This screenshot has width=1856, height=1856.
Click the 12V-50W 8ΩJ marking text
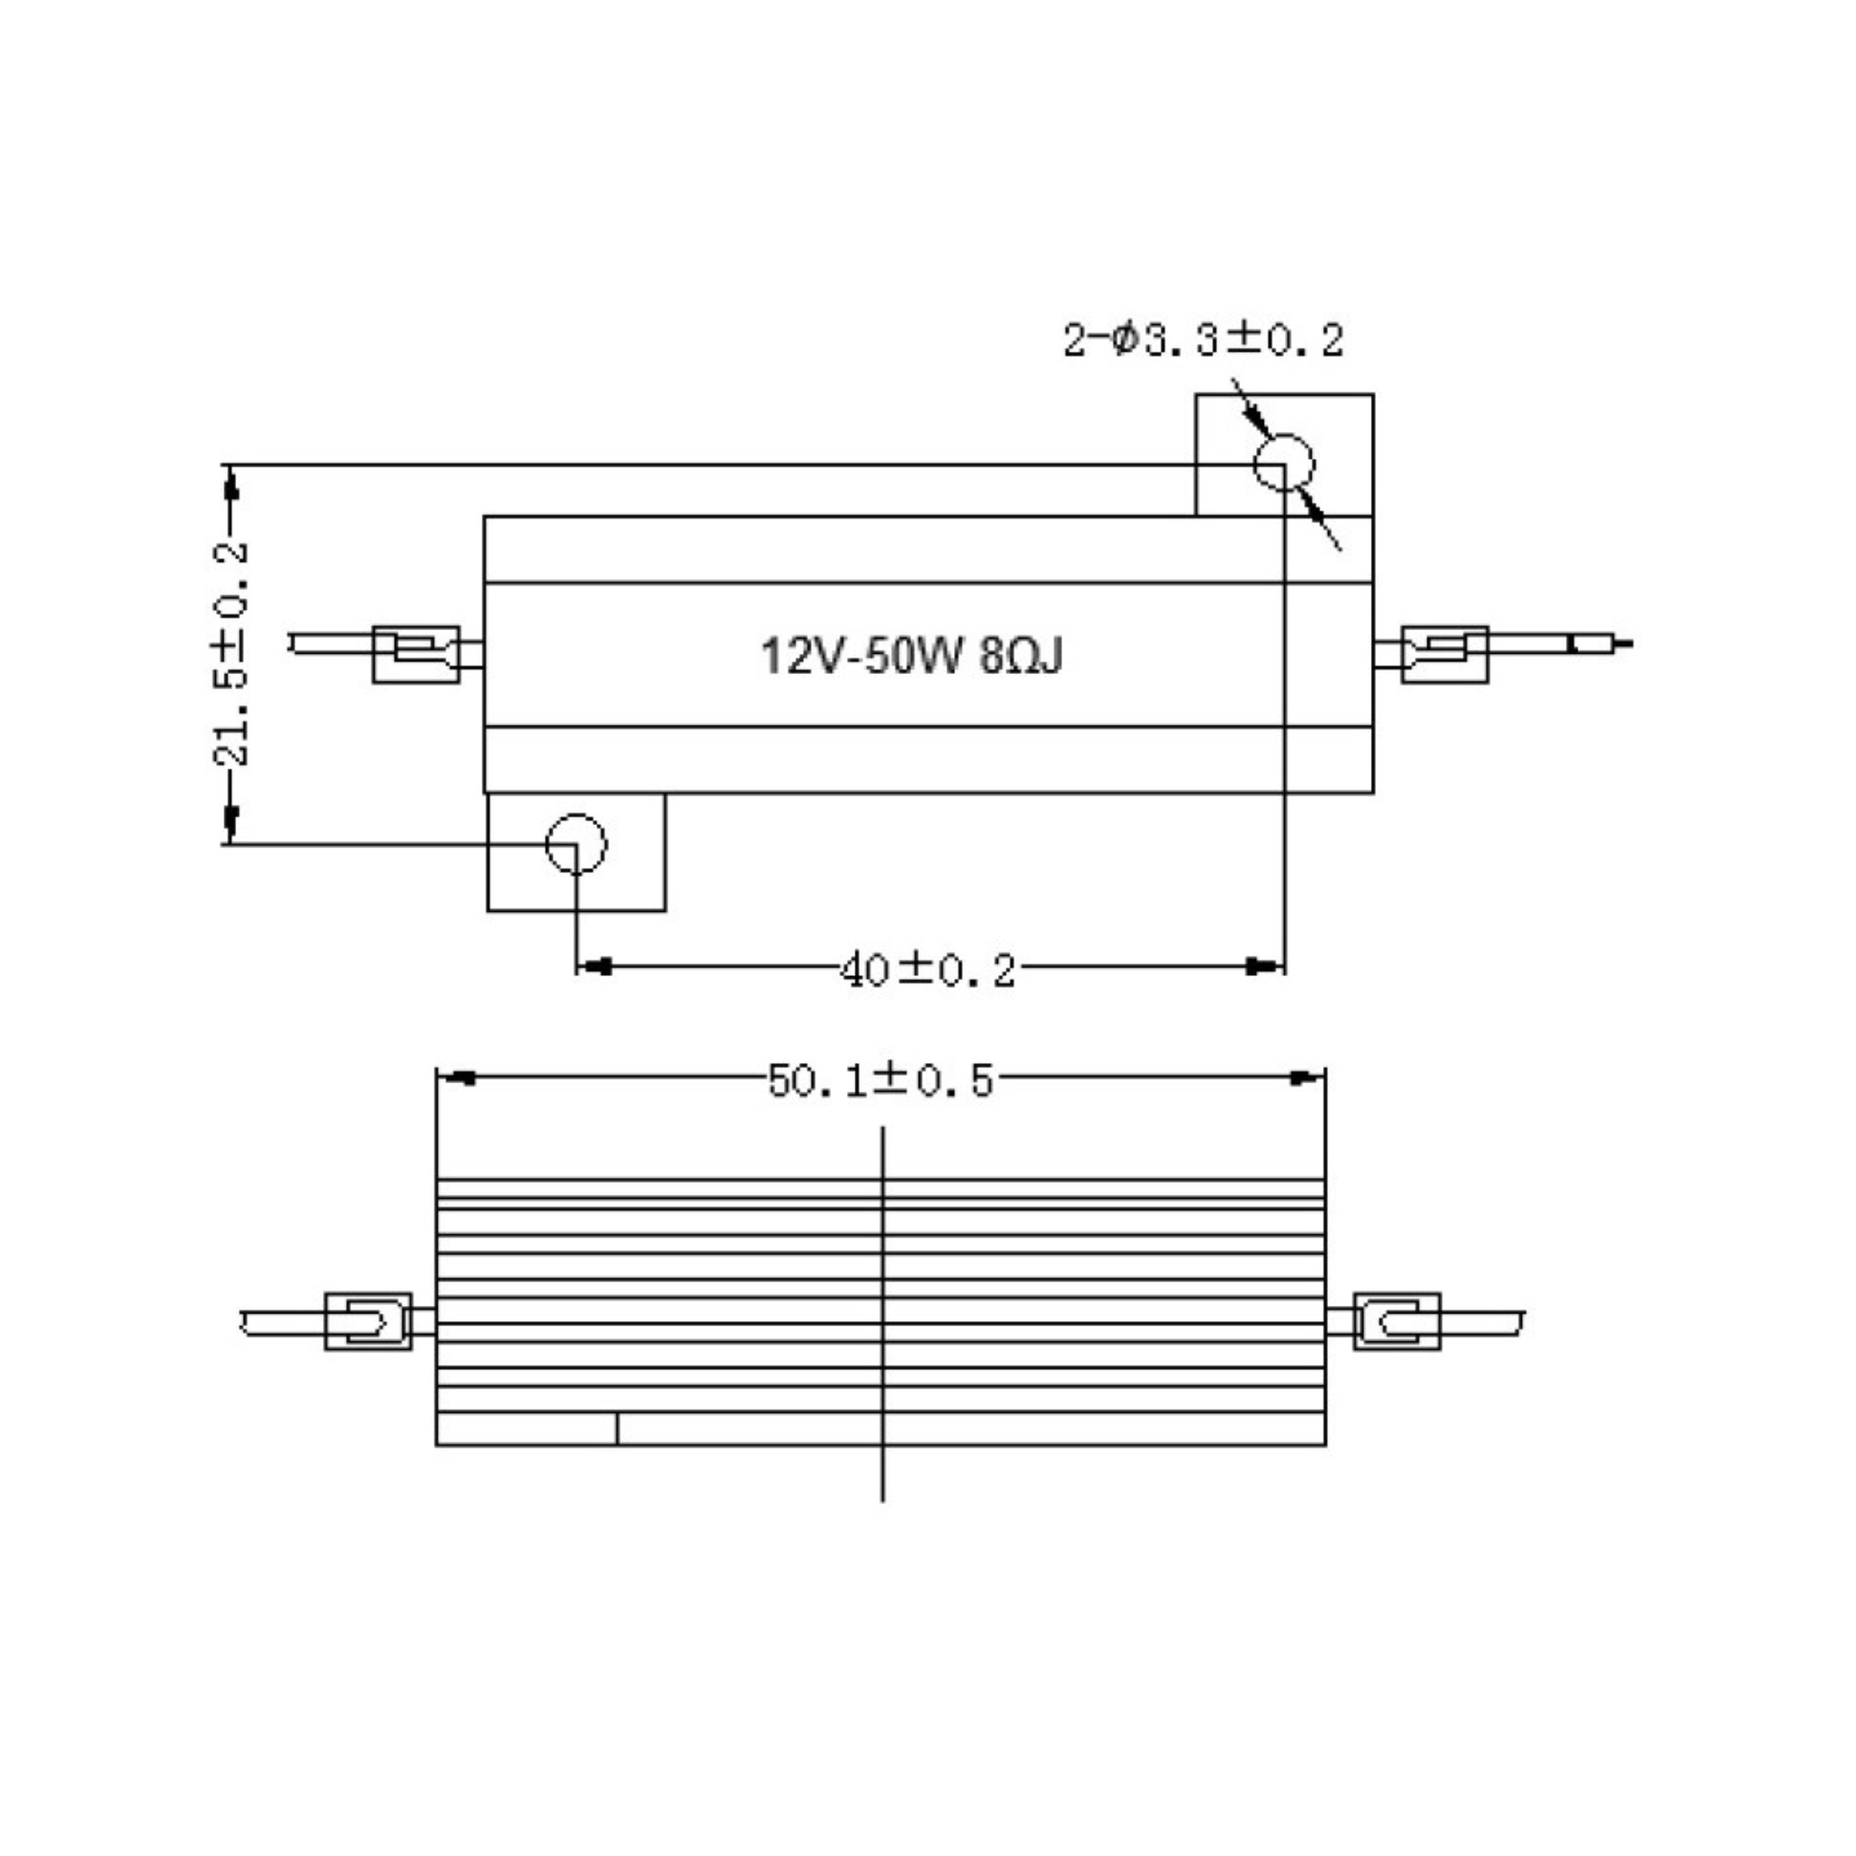(x=911, y=657)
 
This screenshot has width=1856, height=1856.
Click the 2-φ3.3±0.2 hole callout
(x=1203, y=341)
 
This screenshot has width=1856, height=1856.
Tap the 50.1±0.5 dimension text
(x=880, y=1082)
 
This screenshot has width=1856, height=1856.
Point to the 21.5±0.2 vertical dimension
(x=229, y=653)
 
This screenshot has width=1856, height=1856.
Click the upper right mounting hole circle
(x=1283, y=462)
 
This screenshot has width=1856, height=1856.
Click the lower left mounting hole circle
(x=575, y=844)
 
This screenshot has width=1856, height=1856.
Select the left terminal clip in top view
(x=416, y=654)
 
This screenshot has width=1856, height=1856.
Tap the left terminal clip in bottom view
(x=368, y=1321)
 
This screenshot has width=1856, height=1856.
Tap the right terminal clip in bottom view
(x=1397, y=1321)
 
